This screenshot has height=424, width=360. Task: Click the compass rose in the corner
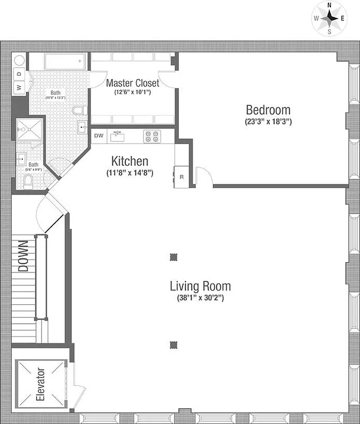click(x=329, y=18)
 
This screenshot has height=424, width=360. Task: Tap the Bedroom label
click(x=268, y=110)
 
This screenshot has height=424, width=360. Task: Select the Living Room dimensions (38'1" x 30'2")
click(x=200, y=298)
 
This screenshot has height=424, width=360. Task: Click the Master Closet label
click(x=132, y=83)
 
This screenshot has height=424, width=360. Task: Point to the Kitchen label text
click(x=130, y=161)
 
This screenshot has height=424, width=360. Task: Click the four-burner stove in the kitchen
click(x=151, y=136)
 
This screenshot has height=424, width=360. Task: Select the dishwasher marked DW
click(x=98, y=136)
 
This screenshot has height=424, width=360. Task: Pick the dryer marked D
click(x=19, y=74)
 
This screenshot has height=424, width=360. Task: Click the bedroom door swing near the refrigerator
click(x=203, y=176)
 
